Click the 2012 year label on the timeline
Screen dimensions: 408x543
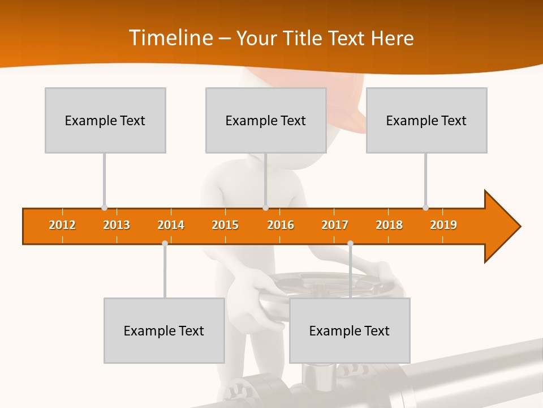tap(62, 225)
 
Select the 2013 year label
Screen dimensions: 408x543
tap(117, 225)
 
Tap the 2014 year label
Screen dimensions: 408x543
tap(171, 225)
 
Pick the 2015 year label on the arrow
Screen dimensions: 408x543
tap(225, 225)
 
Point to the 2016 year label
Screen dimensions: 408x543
tap(281, 225)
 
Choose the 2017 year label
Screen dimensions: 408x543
tap(335, 225)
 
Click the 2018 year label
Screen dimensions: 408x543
tap(389, 225)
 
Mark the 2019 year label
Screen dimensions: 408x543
tap(443, 225)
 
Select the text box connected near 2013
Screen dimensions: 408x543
tap(105, 120)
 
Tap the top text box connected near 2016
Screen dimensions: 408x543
tap(266, 120)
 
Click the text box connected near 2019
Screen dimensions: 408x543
tap(426, 120)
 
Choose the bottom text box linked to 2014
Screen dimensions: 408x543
tap(164, 330)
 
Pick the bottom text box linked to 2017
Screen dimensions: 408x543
tap(350, 330)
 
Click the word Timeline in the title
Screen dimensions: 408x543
tap(170, 38)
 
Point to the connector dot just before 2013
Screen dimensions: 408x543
tap(104, 208)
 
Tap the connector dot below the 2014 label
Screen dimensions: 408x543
tap(165, 243)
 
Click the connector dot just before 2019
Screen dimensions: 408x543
tap(425, 208)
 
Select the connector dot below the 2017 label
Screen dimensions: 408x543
tap(350, 243)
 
